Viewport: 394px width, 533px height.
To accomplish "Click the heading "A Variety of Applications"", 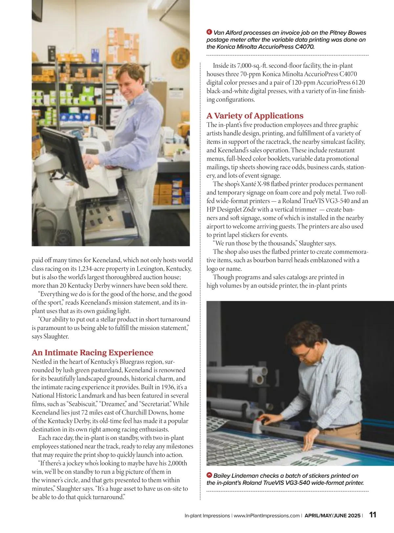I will click(x=255, y=116).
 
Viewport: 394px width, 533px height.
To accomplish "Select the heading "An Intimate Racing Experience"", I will click(x=92, y=353).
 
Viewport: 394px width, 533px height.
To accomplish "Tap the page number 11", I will click(x=373, y=515).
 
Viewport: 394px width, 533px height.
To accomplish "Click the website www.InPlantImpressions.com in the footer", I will click(x=267, y=516).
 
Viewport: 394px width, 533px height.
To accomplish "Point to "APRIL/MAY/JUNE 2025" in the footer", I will click(x=332, y=516).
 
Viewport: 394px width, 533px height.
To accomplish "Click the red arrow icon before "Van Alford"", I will click(x=209, y=32).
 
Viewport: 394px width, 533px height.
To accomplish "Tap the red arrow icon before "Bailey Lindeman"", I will click(x=209, y=475).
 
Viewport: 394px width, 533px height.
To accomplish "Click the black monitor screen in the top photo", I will click(x=65, y=156).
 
